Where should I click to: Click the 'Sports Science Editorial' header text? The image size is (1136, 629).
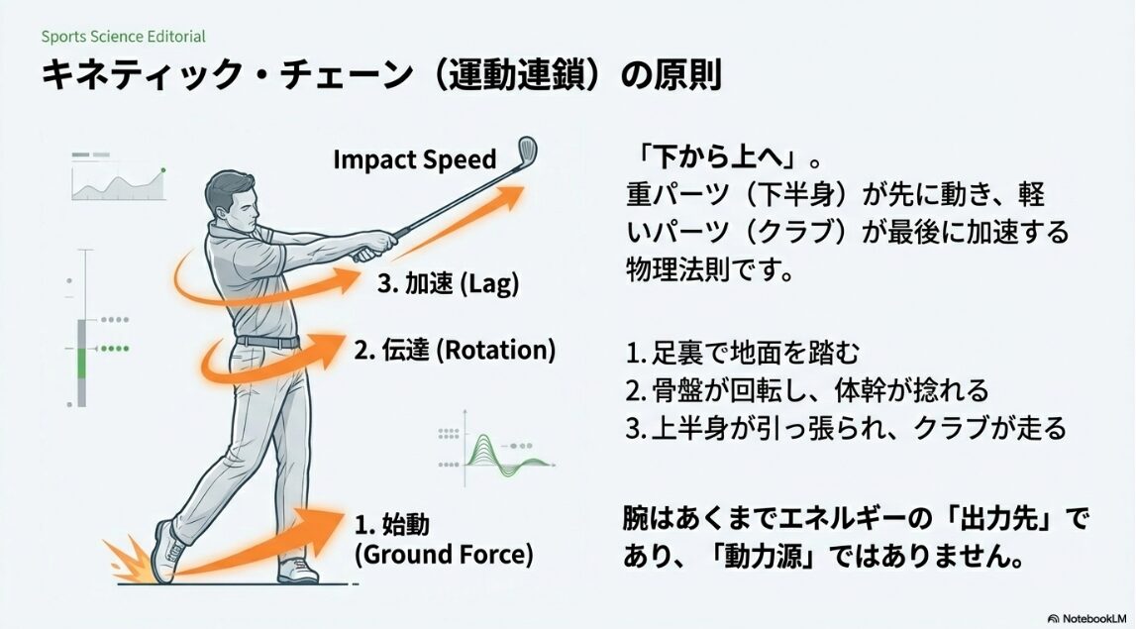point(124,37)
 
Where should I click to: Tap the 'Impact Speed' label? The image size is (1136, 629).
point(414,159)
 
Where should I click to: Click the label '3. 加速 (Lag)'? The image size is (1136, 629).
point(449,283)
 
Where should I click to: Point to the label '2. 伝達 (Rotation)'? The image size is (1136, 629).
point(455,350)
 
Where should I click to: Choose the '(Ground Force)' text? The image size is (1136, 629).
point(443,555)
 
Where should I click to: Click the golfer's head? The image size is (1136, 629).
point(232,199)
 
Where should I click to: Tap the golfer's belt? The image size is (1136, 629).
point(268,341)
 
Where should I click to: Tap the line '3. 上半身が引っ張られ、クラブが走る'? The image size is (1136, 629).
point(846,428)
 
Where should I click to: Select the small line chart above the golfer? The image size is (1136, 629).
point(117,176)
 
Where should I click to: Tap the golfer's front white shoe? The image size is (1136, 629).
point(297,571)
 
